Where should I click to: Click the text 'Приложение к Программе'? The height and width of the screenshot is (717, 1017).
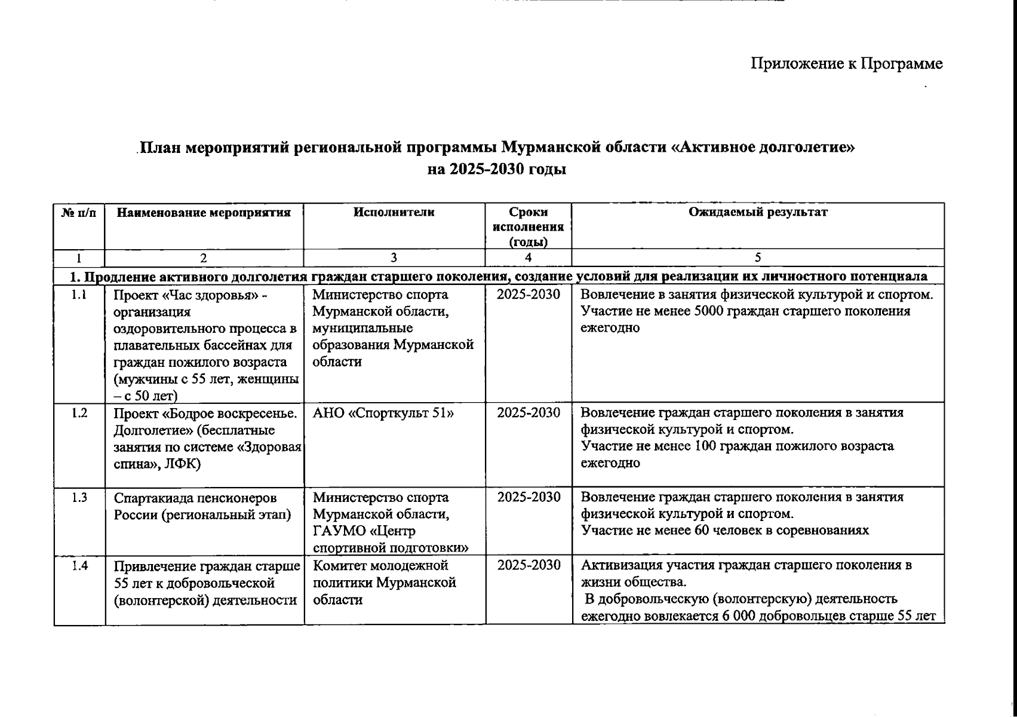(x=846, y=64)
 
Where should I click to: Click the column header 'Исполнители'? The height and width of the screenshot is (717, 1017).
(x=394, y=212)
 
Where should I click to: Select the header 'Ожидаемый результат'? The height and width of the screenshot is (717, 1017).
(x=758, y=212)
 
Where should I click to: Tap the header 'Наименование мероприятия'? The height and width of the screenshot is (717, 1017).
(x=204, y=212)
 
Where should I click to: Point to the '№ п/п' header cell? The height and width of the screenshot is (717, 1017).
(x=79, y=212)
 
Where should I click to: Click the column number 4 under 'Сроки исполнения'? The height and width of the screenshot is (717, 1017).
(x=528, y=258)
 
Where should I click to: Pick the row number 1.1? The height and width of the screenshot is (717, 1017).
(x=79, y=295)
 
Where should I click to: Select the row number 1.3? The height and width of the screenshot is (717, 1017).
(x=79, y=497)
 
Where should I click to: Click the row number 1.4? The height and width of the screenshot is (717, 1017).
(x=79, y=565)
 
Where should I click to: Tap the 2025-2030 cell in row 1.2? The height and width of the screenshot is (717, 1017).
(x=529, y=413)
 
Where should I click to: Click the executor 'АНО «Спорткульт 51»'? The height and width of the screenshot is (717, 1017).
(x=383, y=413)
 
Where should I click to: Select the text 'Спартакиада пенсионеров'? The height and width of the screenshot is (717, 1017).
(x=196, y=498)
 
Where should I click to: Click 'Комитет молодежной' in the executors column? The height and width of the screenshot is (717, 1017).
(x=380, y=565)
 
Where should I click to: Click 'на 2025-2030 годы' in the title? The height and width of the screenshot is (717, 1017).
(x=497, y=170)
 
